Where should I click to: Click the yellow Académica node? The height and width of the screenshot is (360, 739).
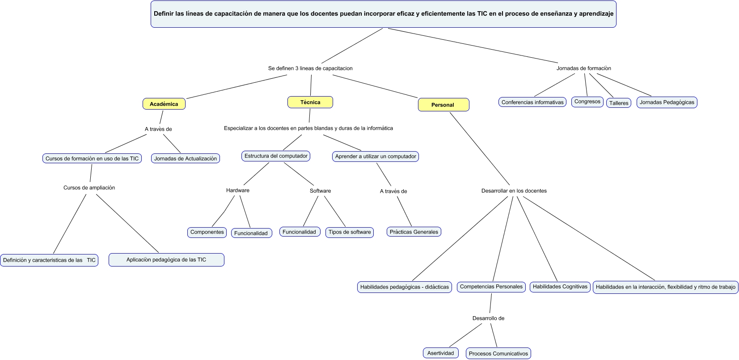(x=164, y=104)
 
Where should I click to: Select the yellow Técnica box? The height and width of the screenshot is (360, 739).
(x=310, y=102)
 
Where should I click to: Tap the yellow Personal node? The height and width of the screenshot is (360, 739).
(x=443, y=105)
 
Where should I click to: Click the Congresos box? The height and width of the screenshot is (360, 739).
(x=587, y=102)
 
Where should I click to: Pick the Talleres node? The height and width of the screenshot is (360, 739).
(x=619, y=103)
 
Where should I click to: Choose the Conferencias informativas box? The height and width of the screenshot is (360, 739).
(x=532, y=102)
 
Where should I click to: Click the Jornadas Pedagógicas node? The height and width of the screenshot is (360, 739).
(x=667, y=102)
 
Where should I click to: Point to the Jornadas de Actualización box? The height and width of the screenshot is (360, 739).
(x=185, y=158)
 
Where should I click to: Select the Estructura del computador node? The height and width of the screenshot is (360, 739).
(x=276, y=156)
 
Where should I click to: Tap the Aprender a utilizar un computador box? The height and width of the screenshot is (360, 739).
(x=376, y=156)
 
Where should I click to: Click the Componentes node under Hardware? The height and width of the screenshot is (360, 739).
(x=207, y=232)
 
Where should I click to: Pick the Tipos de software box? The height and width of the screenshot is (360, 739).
(x=350, y=232)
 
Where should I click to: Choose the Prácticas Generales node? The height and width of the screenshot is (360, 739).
(x=414, y=232)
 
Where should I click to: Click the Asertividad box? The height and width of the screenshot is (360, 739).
(x=440, y=353)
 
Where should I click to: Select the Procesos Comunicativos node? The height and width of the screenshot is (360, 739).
(x=498, y=353)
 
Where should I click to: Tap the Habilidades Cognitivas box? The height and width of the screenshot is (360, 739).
(x=560, y=286)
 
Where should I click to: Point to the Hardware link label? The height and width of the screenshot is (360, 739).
(x=238, y=190)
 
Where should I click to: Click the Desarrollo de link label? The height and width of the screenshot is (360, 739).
(x=488, y=318)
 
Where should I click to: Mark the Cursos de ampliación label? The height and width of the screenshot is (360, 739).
(x=89, y=187)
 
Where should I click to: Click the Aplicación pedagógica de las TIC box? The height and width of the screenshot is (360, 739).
(x=166, y=259)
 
